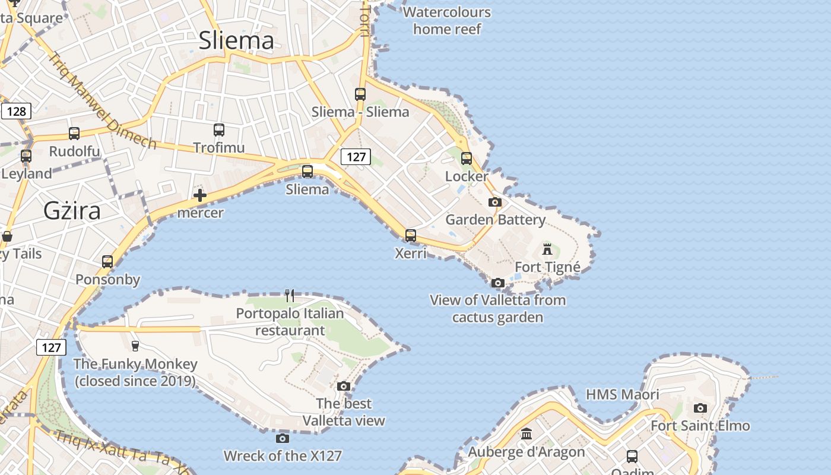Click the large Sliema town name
236,40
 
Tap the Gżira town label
72,211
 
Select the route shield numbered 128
16,111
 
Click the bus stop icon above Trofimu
219,129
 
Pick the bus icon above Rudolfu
74,134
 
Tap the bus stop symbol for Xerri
410,235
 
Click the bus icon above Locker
467,159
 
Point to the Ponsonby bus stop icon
107,261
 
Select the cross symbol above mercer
200,195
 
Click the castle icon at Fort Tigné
547,249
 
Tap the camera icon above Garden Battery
495,202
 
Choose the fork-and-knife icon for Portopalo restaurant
290,295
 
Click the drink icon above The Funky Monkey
135,346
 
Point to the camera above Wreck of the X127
283,438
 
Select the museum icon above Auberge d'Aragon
526,434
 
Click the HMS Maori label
622,394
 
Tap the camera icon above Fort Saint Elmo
700,408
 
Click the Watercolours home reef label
447,20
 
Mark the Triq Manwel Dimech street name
101,101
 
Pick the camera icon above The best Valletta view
344,386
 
